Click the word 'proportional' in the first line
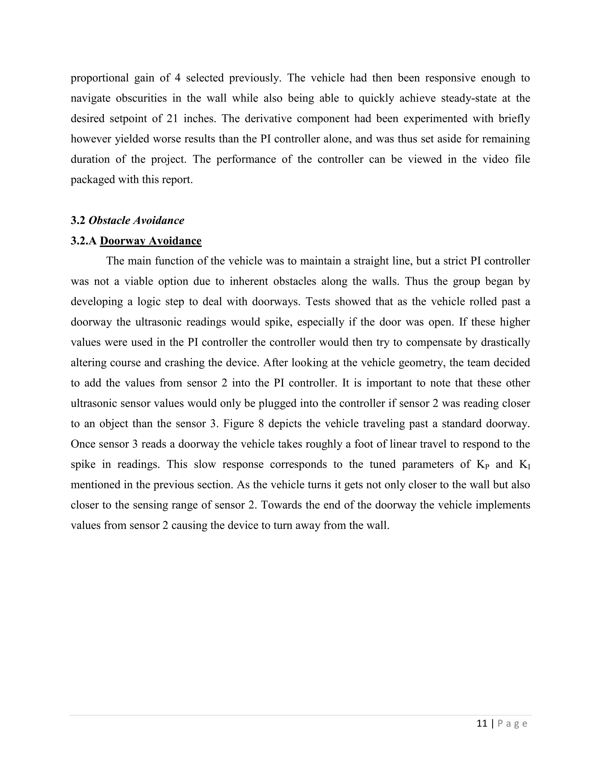[99, 78]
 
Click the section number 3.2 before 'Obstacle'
[78, 220]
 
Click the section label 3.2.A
[84, 241]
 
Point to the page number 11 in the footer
[482, 723]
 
